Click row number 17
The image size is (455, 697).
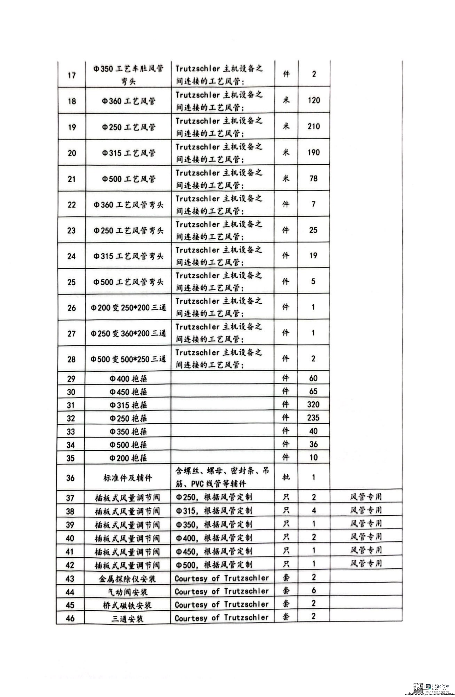pos(72,75)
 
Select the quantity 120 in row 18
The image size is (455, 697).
pos(313,100)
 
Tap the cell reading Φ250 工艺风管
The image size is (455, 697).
pos(129,127)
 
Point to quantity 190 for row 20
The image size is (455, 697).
pos(313,152)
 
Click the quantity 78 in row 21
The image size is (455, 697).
pos(313,178)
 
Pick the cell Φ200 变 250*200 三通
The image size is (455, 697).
pos(128,308)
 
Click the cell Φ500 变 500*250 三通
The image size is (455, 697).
pos(128,359)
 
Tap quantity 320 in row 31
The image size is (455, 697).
pos(313,405)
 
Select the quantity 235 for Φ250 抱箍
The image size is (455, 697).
pos(313,418)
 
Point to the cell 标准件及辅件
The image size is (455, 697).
pos(128,478)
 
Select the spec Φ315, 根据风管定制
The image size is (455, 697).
pos(214,511)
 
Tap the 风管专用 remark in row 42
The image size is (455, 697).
pos(366,563)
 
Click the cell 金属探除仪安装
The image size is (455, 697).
pos(127,579)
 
